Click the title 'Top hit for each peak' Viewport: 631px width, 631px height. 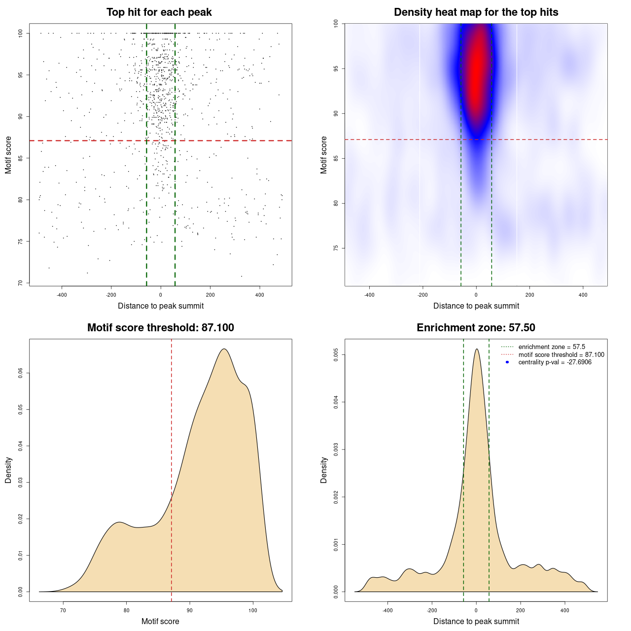159,12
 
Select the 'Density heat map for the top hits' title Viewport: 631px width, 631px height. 476,12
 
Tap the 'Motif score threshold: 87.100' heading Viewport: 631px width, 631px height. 160,328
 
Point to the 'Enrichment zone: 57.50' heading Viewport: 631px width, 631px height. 476,328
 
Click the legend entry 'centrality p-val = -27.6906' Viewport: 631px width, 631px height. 555,362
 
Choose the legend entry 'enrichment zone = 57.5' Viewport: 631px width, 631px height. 552,347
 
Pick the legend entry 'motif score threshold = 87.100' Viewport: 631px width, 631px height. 561,355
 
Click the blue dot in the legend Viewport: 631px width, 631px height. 507,362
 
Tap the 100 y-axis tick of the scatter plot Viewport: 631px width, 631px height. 21,33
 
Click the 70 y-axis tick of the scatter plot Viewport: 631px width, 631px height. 21,283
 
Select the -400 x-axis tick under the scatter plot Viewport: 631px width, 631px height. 62,295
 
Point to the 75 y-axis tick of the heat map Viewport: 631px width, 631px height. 336,248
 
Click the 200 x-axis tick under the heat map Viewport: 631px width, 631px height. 529,295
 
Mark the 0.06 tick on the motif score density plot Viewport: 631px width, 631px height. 21,373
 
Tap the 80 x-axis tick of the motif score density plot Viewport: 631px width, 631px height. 127,610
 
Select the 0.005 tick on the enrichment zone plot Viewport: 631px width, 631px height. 336,355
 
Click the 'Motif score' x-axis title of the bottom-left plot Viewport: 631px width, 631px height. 160,621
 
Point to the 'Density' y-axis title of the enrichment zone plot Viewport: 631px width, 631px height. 324,470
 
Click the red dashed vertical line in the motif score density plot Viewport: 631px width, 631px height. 172,468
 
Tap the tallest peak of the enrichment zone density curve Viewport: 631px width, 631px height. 476,350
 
